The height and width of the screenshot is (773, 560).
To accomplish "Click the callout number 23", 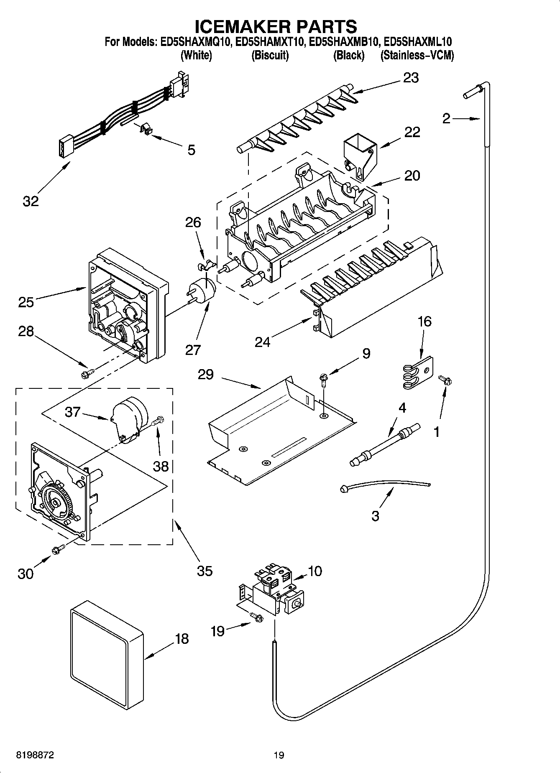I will pos(411,78).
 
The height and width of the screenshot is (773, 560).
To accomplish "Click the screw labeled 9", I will pos(324,379).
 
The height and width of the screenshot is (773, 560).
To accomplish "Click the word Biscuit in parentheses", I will pos(270,55).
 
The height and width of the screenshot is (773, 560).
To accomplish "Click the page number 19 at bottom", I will pos(279,755).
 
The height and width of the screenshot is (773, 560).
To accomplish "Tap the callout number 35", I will pos(205,571).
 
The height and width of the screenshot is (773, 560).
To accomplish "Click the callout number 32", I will pos(31,201).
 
